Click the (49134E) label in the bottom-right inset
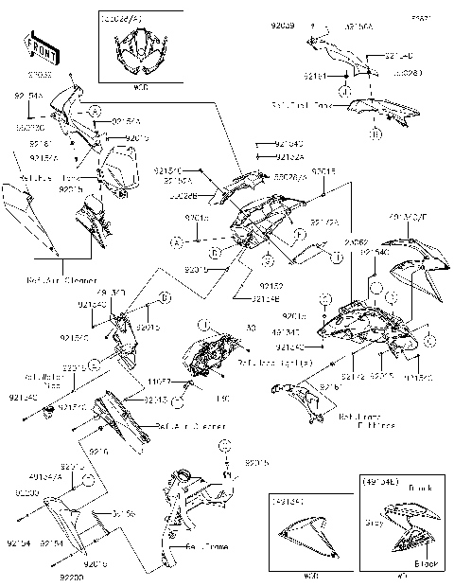click(381, 481)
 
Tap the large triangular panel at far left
click(19, 212)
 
